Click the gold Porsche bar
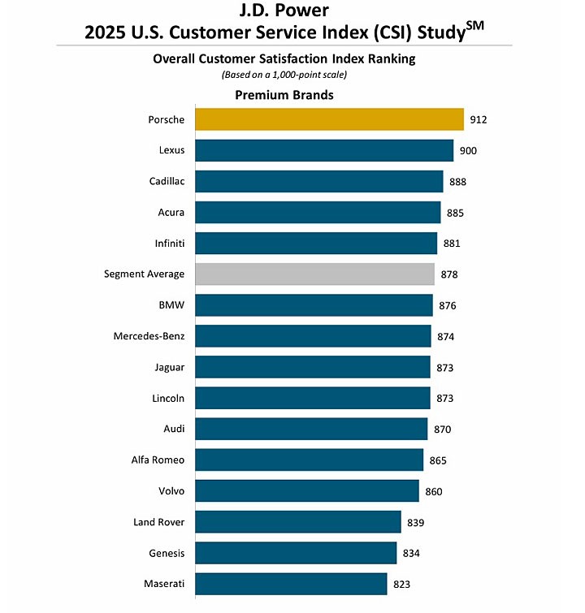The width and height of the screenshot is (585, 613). click(x=329, y=119)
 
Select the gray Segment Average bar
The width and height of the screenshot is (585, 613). click(x=314, y=274)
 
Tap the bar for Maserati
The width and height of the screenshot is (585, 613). click(x=291, y=584)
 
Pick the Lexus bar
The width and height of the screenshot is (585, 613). click(x=324, y=150)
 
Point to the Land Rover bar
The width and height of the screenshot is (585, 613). click(x=298, y=522)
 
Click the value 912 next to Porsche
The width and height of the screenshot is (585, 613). click(x=478, y=120)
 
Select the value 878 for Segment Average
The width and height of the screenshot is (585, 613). click(x=448, y=274)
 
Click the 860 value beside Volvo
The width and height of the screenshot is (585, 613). click(x=433, y=491)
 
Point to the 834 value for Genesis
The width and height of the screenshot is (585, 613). click(x=411, y=554)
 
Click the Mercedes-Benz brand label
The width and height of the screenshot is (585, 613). click(x=149, y=336)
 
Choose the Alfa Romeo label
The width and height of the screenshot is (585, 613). click(x=158, y=460)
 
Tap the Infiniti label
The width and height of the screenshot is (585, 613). click(x=169, y=243)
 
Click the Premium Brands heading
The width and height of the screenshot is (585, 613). click(x=284, y=95)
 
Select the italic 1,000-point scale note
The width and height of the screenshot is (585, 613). click(x=284, y=75)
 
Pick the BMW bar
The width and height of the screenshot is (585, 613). click(x=314, y=305)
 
